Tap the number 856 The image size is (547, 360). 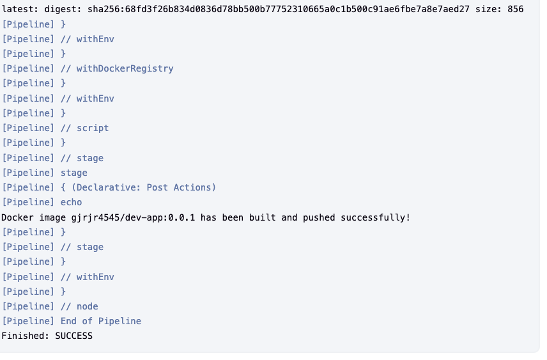516,9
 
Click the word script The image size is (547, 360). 93,128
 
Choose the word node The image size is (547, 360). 87,306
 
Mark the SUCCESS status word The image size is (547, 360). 73,336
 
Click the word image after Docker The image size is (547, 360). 52,217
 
